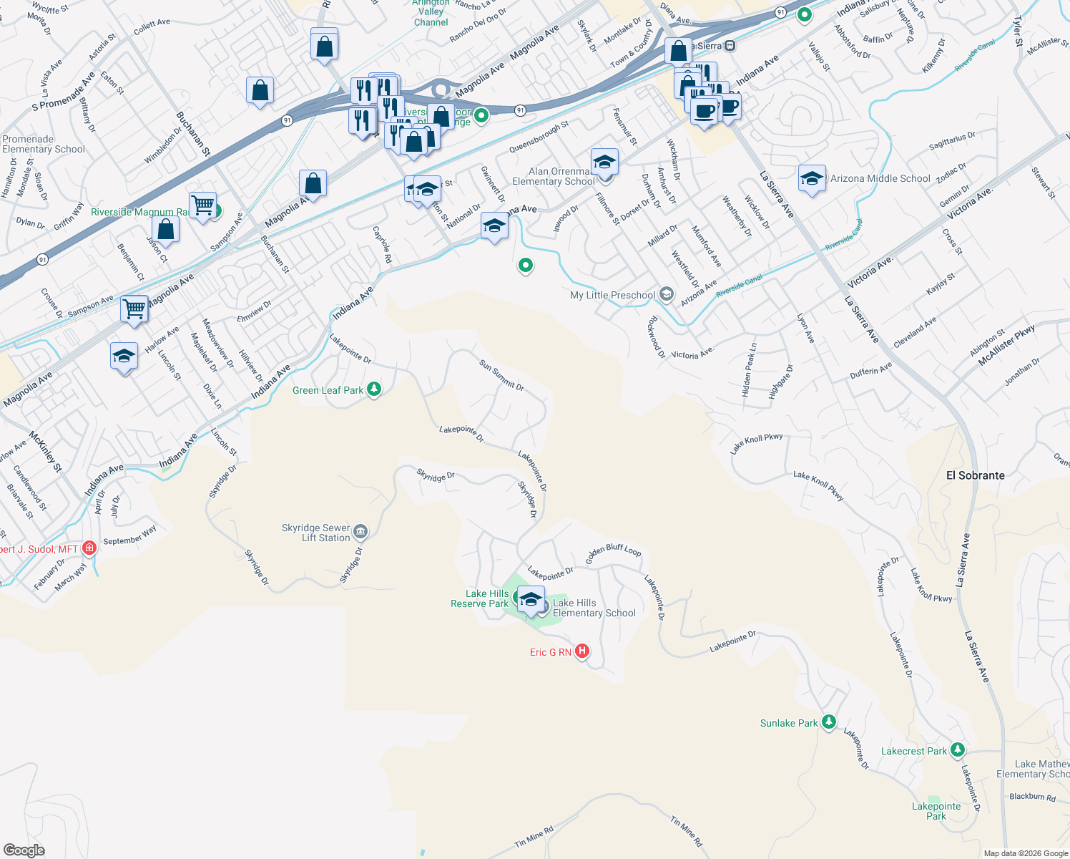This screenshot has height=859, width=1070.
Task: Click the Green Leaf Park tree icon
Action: point(373,389)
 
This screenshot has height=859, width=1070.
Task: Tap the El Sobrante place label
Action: point(975,475)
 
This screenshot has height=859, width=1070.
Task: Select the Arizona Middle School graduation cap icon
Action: point(811,178)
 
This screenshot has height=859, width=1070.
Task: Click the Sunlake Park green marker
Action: point(828,722)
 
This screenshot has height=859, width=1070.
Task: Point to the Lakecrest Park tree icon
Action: point(958,750)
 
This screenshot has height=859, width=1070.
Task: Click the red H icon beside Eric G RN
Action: point(582,651)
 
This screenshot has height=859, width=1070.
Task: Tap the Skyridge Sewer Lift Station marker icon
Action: point(360,531)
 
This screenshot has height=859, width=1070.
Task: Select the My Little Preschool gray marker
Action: point(667,294)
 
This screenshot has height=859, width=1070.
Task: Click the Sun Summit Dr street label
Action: point(501,375)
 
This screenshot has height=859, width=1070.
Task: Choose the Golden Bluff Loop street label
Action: point(613,554)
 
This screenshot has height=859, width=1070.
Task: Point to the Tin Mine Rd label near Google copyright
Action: point(534,837)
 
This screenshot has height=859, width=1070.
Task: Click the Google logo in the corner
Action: point(24,850)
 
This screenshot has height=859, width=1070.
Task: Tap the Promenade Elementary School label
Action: point(44,145)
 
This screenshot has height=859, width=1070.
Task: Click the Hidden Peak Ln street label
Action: point(749,370)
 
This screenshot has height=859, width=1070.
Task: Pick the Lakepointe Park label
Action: point(936,811)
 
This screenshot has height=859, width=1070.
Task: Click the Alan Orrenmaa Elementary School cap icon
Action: point(604,162)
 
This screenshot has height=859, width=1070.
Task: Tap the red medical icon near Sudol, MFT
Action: point(89,548)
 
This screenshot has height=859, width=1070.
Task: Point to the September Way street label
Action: point(129,536)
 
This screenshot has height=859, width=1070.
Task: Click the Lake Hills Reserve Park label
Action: point(480,598)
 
